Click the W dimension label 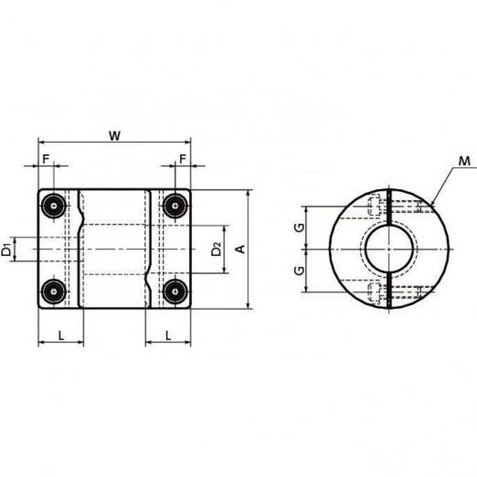tap(114, 136)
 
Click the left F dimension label tap(46, 159)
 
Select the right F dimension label tap(182, 159)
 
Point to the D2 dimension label tap(216, 249)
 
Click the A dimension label tap(241, 249)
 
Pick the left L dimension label tap(61, 336)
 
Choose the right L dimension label tap(168, 336)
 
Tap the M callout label tap(464, 161)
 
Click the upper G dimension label tap(300, 227)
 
